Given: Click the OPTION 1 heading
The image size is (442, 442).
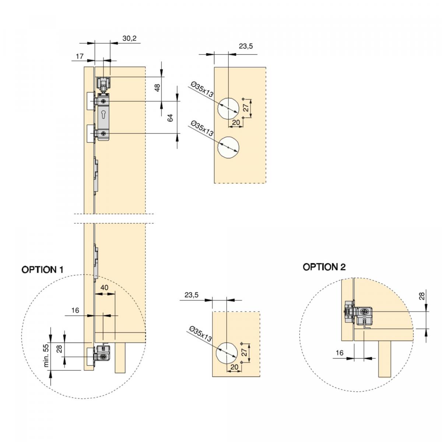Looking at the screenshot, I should point(42,270).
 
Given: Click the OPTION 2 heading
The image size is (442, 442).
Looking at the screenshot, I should point(324,267).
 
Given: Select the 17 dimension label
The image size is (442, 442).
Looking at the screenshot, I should point(80,56).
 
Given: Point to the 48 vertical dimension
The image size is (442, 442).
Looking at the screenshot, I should point(157,88).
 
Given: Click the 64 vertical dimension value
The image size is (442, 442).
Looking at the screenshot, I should point(170,118).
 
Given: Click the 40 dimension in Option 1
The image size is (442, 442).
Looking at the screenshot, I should point(105,287).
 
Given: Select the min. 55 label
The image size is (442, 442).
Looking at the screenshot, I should point(46,355).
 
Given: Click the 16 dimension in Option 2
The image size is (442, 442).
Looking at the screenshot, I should point(340,353).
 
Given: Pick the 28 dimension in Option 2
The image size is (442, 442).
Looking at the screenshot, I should point(422,295).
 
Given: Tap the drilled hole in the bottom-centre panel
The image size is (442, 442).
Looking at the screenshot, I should point(226,352).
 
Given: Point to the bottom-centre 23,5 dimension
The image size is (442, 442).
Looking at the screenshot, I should point(192,295).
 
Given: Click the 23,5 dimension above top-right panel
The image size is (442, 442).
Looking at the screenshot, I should point(246,46).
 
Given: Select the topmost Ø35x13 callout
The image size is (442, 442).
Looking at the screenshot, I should point(201,90).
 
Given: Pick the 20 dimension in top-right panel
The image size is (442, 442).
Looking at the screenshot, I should point(236,122).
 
